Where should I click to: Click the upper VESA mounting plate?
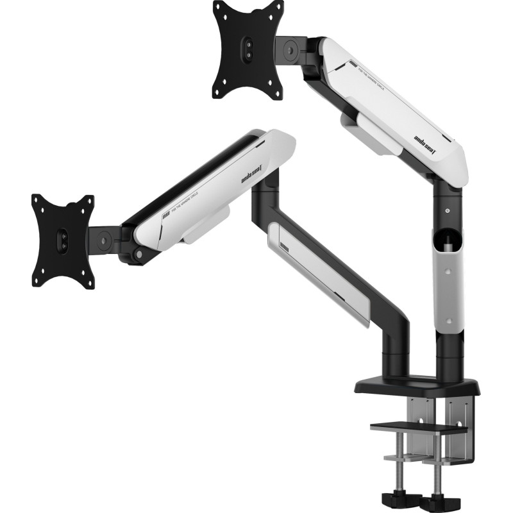coord(248,49)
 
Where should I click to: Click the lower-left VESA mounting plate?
coord(63,240)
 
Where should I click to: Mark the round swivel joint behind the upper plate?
coord(289,47)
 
